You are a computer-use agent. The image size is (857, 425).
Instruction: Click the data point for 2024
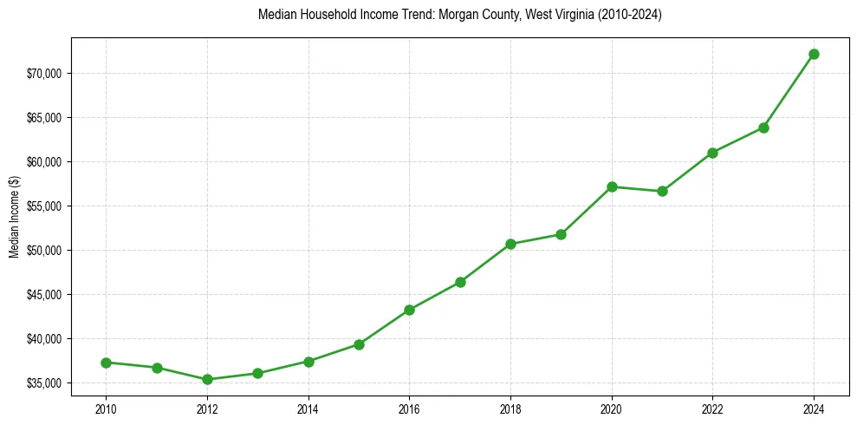pyautogui.click(x=814, y=54)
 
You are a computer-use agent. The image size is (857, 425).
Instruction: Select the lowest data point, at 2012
pyautogui.click(x=207, y=379)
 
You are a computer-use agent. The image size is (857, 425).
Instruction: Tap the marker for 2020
pyautogui.click(x=612, y=186)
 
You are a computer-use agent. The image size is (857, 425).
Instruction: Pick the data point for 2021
pyautogui.click(x=662, y=191)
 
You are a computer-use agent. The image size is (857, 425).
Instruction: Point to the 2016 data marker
pyautogui.click(x=409, y=310)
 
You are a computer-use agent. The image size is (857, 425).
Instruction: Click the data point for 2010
pyautogui.click(x=106, y=363)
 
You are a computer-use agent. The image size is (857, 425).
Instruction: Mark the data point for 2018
pyautogui.click(x=510, y=244)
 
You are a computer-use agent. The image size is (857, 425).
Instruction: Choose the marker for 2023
pyautogui.click(x=763, y=127)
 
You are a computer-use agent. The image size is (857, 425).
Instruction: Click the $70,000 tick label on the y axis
pyautogui.click(x=46, y=73)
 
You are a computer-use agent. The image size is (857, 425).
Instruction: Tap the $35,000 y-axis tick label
pyautogui.click(x=46, y=382)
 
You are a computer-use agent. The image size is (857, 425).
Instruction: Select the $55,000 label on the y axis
pyautogui.click(x=46, y=206)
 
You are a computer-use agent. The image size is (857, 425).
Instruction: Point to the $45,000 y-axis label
pyautogui.click(x=46, y=294)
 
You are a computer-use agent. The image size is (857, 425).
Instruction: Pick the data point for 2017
pyautogui.click(x=460, y=282)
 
